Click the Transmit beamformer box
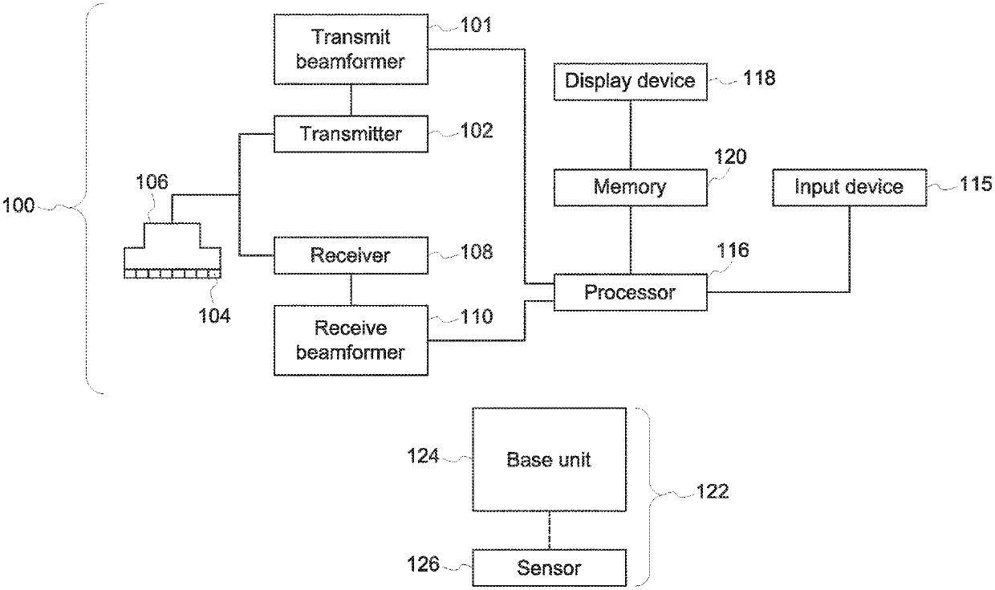[351, 49]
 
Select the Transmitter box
[351, 134]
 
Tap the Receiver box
[351, 255]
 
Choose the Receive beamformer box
[351, 340]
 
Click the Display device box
[631, 82]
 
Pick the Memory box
[631, 188]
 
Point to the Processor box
[631, 292]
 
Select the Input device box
[849, 188]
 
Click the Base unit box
[550, 459]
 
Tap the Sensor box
[550, 568]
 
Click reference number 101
[476, 24]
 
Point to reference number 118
[759, 78]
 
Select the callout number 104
[214, 315]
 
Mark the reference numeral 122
[713, 491]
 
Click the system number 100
[18, 205]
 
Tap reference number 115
[976, 184]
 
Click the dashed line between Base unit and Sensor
[550, 531]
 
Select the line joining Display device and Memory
[631, 135]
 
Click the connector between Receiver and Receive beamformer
[351, 290]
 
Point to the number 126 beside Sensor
[424, 564]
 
